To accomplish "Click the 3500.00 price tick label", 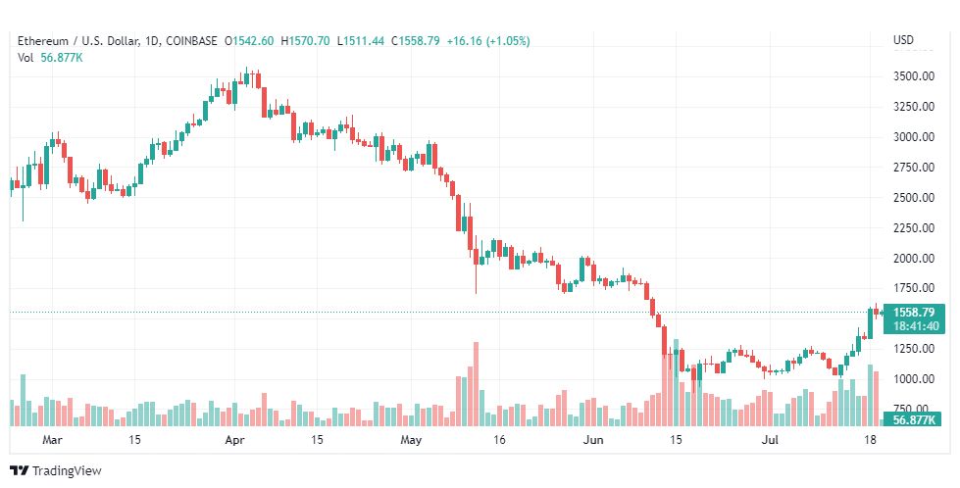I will [912, 76].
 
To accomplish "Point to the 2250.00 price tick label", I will [912, 228].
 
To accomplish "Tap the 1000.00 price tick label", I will [912, 379].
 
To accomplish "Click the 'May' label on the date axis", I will [410, 441].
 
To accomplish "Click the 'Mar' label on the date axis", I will [53, 441].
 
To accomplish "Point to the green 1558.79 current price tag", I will [917, 313].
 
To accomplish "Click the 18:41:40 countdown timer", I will [917, 326].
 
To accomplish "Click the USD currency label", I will [903, 40].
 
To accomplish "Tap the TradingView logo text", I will [66, 471].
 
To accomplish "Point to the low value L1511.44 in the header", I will [361, 41].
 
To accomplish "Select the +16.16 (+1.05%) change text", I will [487, 41].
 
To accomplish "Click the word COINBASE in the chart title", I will [192, 41].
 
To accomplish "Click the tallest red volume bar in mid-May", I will [476, 383].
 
